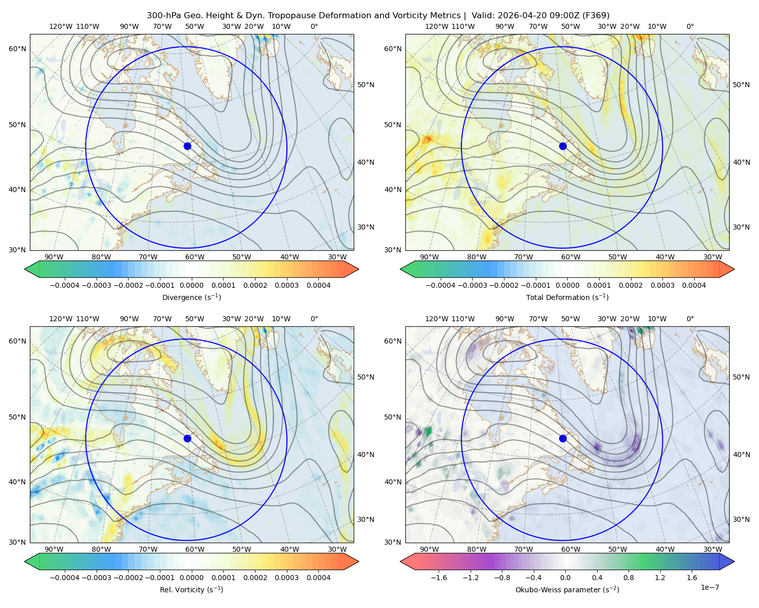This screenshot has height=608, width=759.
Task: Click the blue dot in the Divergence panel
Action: tap(187, 146)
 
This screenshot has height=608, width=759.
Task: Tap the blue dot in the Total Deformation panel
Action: tap(563, 146)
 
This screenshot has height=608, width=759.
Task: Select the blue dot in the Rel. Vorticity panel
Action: tap(187, 438)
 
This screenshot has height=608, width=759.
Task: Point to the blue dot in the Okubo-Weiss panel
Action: tap(563, 438)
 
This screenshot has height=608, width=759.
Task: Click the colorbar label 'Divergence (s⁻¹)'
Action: tap(191, 297)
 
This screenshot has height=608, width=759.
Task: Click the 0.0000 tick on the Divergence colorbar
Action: tap(191, 285)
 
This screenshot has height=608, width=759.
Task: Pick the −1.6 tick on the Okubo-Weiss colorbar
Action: tap(439, 578)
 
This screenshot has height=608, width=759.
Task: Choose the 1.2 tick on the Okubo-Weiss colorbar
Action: tap(660, 578)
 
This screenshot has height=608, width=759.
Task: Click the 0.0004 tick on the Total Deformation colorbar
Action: tap(694, 285)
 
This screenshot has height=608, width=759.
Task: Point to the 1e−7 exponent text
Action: tap(709, 588)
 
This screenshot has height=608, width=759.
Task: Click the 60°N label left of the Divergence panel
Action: tap(17, 49)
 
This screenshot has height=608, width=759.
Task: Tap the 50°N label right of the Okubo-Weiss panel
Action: tap(741, 377)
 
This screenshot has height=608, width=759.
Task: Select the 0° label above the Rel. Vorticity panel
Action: tap(314, 319)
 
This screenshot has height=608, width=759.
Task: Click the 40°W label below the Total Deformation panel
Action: tap(665, 257)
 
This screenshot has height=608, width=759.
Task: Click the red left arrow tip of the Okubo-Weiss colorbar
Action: tap(401, 561)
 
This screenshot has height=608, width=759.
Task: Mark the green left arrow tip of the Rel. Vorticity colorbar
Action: tap(25, 561)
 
